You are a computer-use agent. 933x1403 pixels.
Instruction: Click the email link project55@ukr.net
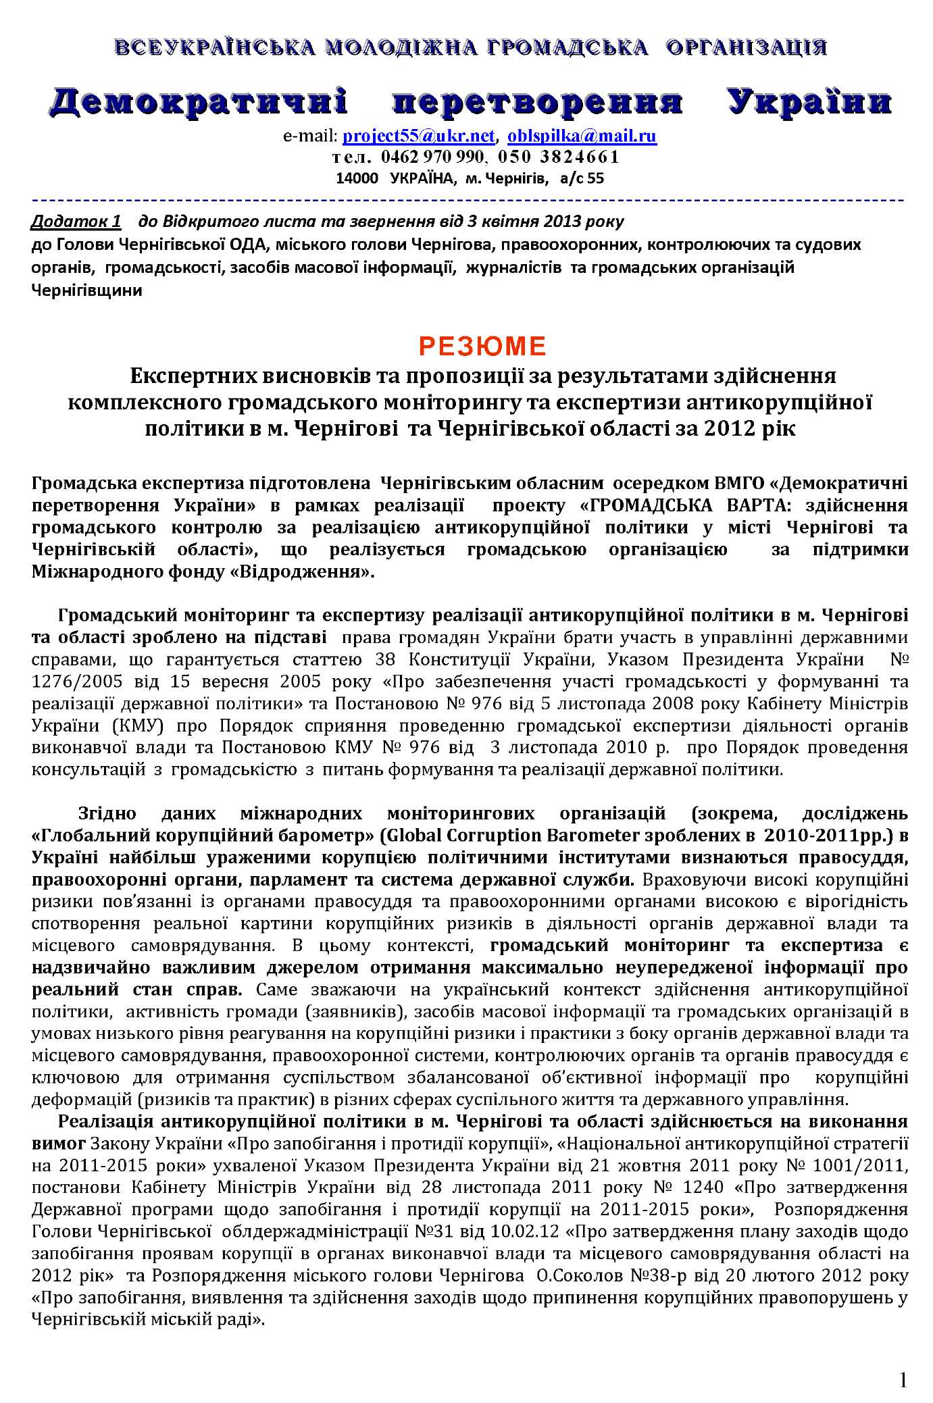pos(419,136)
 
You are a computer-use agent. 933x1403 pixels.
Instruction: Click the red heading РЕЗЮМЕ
pos(482,347)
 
